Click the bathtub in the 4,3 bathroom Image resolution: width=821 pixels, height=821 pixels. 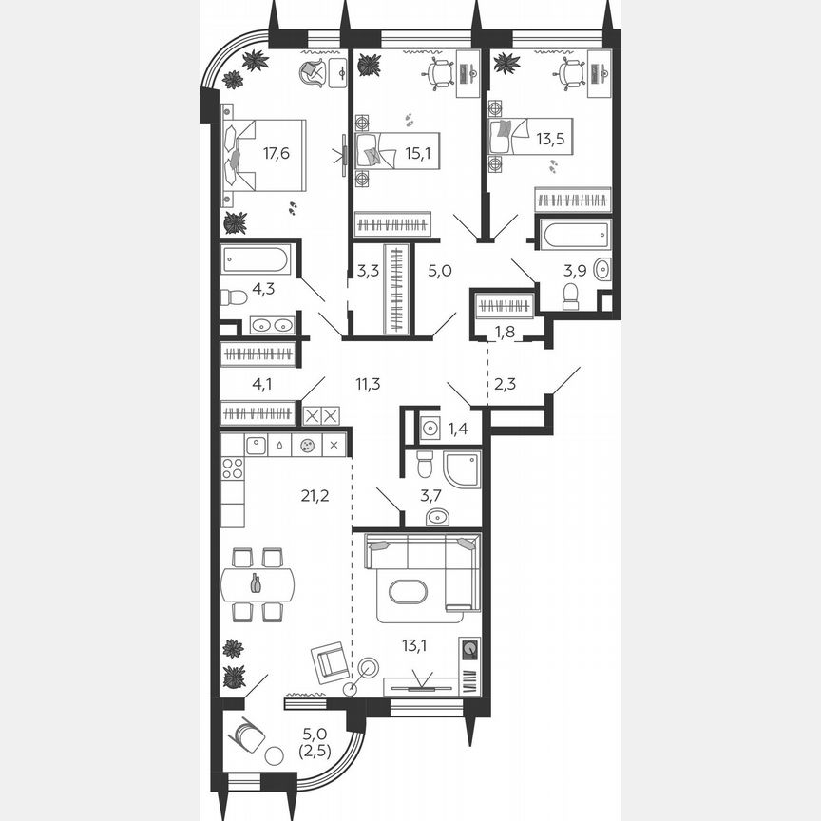pos(257,260)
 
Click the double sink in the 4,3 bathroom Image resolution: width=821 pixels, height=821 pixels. pos(273,325)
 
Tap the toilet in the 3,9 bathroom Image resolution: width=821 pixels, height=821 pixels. pos(571,296)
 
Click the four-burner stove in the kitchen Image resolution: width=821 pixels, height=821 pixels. pos(232,468)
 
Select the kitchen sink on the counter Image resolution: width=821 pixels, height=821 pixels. pos(256,444)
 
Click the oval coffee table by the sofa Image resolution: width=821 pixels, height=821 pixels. pos(408,591)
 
